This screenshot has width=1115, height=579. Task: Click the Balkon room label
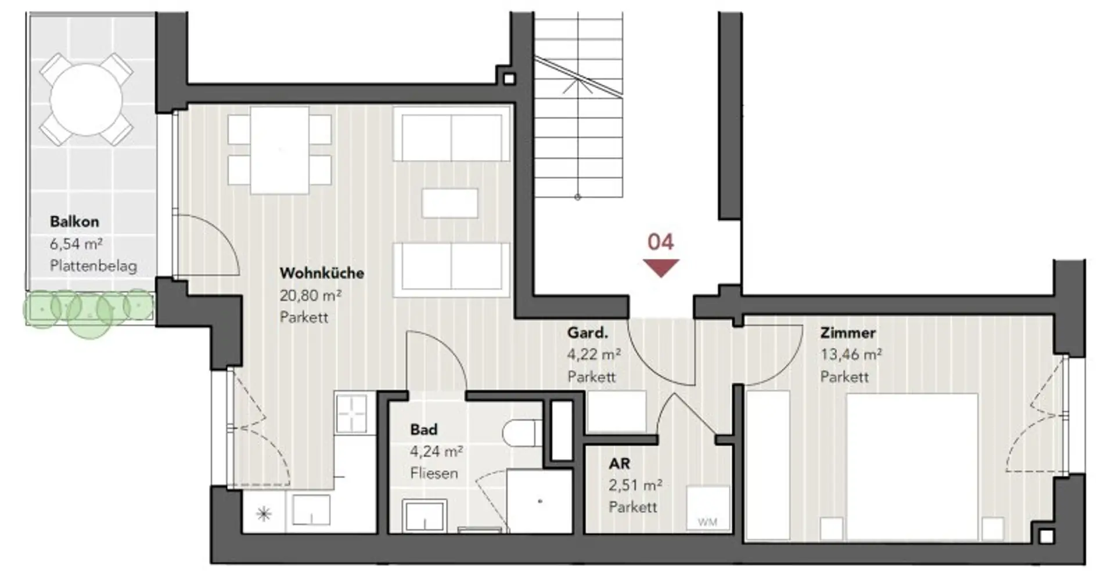pyautogui.click(x=74, y=221)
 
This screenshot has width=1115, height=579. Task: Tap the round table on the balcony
pyautogui.click(x=87, y=100)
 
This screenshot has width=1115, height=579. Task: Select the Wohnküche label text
pyautogui.click(x=322, y=273)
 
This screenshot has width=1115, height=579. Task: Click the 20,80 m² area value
pyautogui.click(x=311, y=295)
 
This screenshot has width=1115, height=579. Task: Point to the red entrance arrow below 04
pyautogui.click(x=661, y=268)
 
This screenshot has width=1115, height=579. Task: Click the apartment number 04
pyautogui.click(x=661, y=241)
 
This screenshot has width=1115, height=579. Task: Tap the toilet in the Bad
pyautogui.click(x=522, y=433)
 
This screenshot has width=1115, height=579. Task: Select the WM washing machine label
pyautogui.click(x=707, y=522)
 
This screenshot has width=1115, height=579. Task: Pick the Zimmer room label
pyautogui.click(x=848, y=333)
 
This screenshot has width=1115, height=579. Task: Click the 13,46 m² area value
pyautogui.click(x=851, y=354)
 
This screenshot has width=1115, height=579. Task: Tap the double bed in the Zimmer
pyautogui.click(x=912, y=467)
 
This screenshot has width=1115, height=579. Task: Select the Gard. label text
pyautogui.click(x=588, y=333)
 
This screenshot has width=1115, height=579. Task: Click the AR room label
pyautogui.click(x=619, y=464)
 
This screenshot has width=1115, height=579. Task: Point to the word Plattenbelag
pyautogui.click(x=93, y=266)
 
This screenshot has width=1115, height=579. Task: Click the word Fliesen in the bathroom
pyautogui.click(x=434, y=473)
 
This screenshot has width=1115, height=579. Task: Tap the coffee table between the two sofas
pyautogui.click(x=450, y=204)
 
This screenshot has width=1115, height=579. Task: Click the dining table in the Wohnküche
pyautogui.click(x=279, y=150)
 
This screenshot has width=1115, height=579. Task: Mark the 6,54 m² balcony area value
pyautogui.click(x=76, y=244)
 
